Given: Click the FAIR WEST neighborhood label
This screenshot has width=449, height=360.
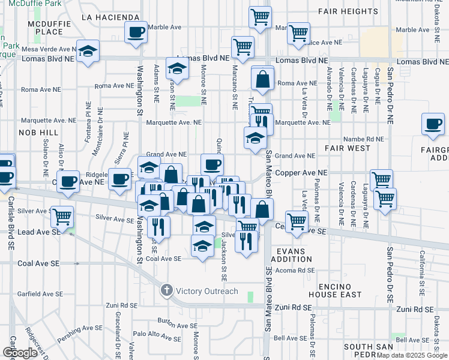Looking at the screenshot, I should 347,147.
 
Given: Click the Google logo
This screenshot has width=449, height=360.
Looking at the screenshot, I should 19,352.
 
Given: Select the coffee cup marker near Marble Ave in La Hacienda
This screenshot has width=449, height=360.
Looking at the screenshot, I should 136,31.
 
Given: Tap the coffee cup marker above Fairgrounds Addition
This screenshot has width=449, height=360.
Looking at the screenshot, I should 433,124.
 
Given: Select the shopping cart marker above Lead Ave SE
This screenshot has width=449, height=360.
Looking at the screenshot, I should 62,216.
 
